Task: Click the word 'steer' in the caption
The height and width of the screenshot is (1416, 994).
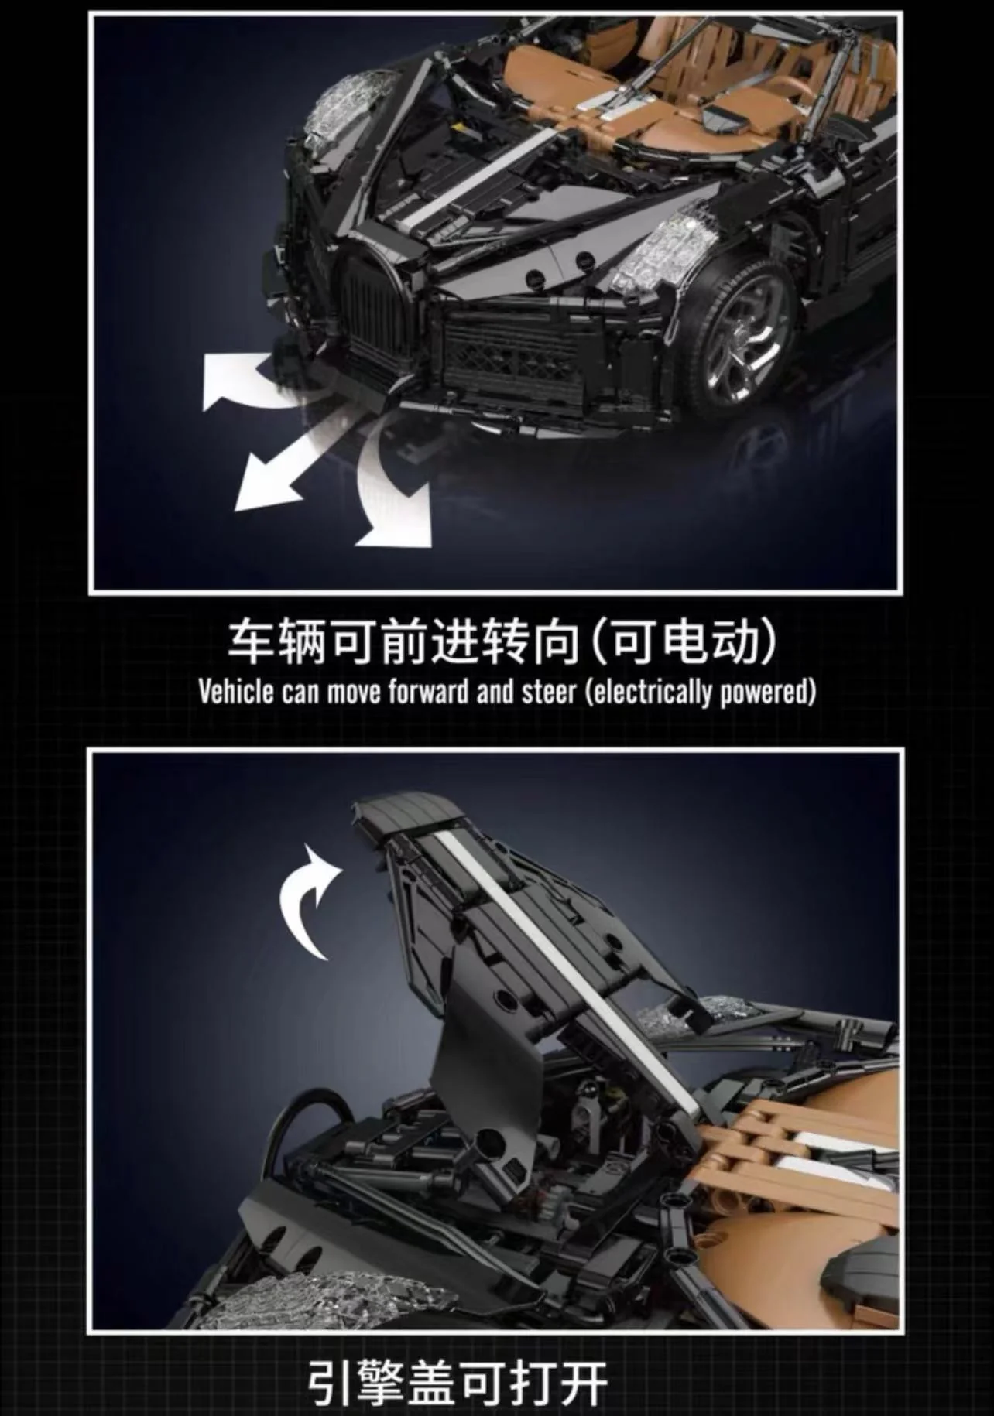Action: point(548,691)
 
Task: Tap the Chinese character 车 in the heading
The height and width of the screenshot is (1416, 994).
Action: point(252,641)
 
